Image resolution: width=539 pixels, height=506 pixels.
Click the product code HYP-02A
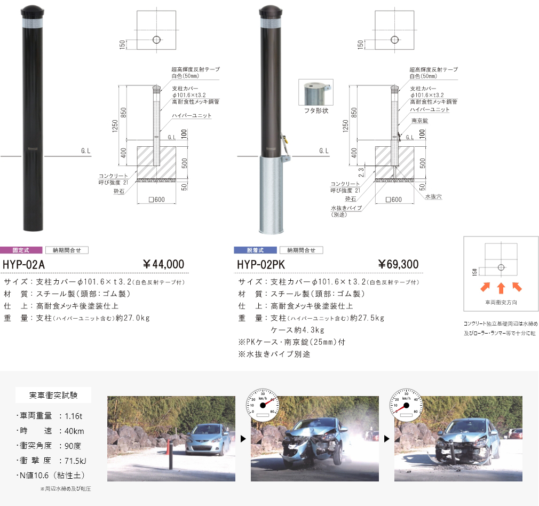pyautogui.click(x=24, y=264)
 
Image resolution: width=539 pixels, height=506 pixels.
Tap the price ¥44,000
pyautogui.click(x=163, y=264)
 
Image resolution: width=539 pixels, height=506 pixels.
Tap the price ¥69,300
pyautogui.click(x=398, y=264)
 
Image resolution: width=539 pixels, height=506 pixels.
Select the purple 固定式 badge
pyautogui.click(x=21, y=250)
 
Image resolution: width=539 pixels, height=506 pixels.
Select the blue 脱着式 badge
pyautogui.click(x=256, y=250)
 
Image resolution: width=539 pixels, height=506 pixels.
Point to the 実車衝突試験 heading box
pyautogui.click(x=53, y=396)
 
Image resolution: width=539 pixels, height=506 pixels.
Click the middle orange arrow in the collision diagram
pyautogui.click(x=501, y=288)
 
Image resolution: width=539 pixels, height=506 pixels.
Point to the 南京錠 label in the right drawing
pyautogui.click(x=420, y=121)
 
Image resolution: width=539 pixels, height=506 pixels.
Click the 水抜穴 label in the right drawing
pyautogui.click(x=433, y=196)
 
